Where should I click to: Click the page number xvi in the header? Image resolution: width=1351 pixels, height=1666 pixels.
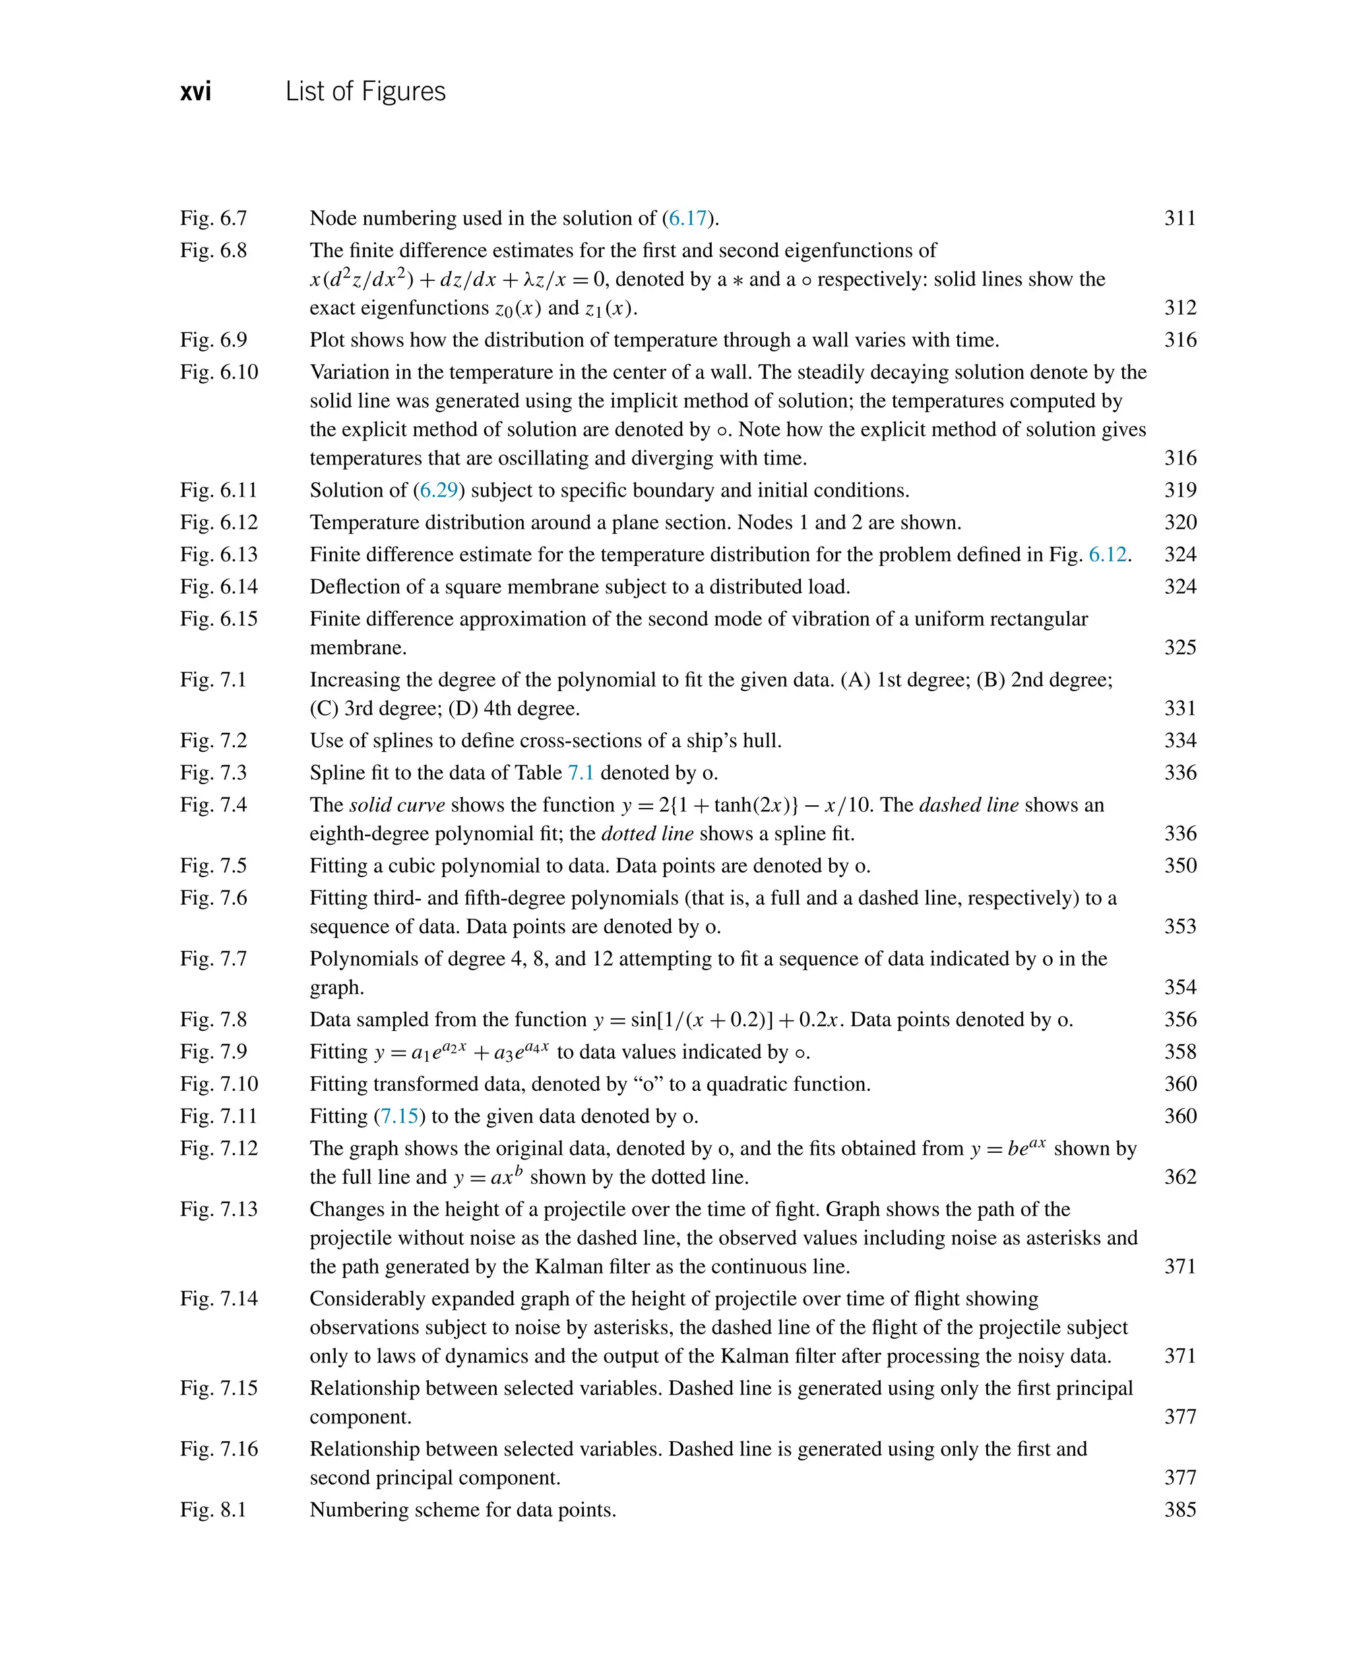click(195, 92)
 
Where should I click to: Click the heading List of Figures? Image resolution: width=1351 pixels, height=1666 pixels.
click(365, 92)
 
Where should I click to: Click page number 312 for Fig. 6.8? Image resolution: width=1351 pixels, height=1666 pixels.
click(1179, 307)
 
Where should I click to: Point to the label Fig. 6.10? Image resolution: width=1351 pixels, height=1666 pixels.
click(219, 372)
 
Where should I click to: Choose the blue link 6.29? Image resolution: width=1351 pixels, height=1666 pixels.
click(439, 490)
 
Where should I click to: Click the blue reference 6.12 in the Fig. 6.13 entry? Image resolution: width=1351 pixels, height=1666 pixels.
click(1108, 555)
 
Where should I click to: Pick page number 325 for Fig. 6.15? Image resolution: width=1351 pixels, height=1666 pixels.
click(1179, 648)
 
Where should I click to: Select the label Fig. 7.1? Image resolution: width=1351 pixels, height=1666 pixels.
click(213, 680)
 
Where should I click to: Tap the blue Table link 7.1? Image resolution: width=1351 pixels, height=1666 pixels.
click(581, 773)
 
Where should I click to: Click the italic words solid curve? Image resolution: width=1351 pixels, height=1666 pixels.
click(397, 805)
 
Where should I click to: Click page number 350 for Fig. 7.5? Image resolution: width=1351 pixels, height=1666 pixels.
click(1179, 866)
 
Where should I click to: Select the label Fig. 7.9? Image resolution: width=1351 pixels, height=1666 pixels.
click(213, 1052)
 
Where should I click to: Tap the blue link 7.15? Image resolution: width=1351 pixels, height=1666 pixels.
click(399, 1117)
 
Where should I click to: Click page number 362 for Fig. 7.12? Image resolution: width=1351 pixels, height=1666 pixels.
click(1179, 1177)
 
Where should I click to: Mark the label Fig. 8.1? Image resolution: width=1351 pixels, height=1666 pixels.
click(213, 1510)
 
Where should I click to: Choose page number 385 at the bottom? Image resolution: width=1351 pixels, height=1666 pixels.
click(1179, 1510)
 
